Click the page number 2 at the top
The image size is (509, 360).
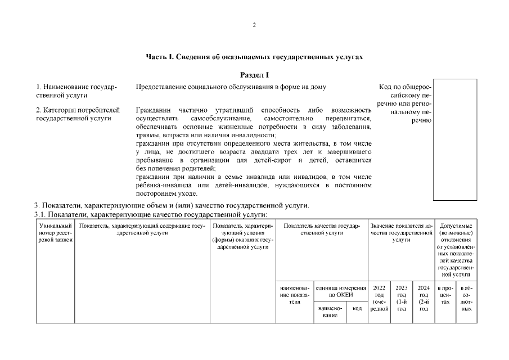[254, 25]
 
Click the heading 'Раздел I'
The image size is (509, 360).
[254, 75]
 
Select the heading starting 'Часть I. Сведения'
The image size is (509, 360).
[254, 57]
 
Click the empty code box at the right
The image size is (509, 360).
[454, 139]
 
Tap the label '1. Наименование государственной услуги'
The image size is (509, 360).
[76, 91]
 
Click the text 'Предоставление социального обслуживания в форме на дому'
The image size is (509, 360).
[231, 87]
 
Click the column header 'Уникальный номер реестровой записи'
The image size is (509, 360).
[55, 232]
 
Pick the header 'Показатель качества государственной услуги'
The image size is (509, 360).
[321, 229]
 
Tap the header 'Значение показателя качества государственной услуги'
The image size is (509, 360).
[401, 232]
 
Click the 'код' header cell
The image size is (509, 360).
[357, 308]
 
